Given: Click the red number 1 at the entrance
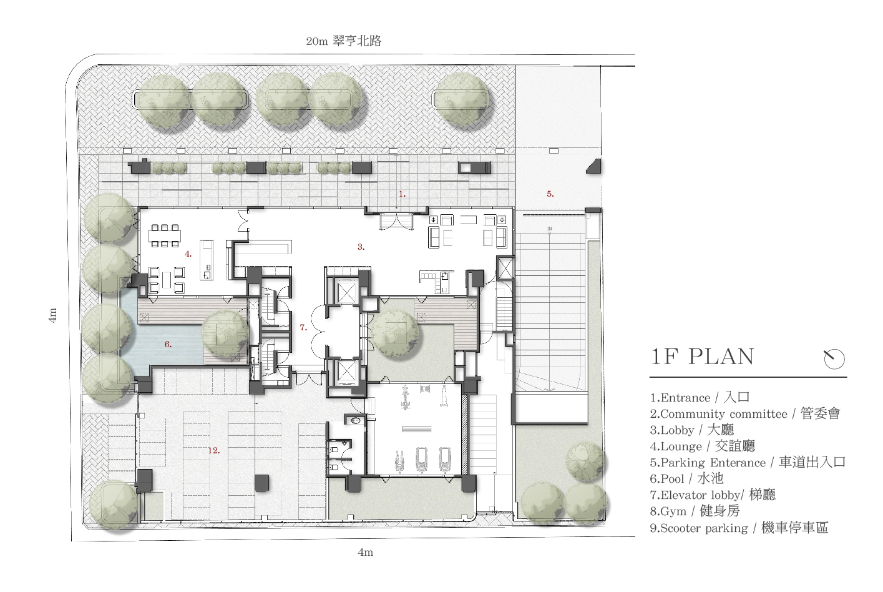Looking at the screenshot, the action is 402,194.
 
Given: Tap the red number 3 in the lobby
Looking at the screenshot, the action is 361,247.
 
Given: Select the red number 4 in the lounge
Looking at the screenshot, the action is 188,254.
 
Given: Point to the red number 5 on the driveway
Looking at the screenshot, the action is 550,194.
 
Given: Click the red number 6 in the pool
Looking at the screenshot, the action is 168,345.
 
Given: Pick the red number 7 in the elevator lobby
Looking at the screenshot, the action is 303,327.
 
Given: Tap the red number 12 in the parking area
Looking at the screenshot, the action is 214,450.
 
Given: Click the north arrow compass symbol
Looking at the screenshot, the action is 834,359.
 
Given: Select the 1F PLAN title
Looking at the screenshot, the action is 702,357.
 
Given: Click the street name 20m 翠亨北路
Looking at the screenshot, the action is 343,41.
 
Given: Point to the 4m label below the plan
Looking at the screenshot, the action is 366,552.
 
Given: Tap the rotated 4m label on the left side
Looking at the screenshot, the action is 52,315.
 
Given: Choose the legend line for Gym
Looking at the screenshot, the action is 695,511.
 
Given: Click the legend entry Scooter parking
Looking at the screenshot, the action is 739,528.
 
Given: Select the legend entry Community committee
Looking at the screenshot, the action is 745,414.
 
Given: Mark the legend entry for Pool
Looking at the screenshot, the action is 686,479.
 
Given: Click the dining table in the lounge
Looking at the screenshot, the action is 165,236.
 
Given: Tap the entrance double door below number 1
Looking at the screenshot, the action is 396,222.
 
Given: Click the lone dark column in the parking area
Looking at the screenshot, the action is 261,483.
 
